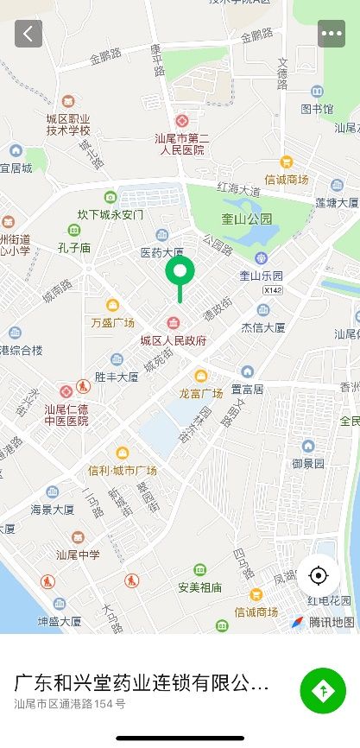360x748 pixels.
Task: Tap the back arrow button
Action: pos(28,34)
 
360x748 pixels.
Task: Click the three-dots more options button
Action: pos(332,34)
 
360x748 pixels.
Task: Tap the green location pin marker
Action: pos(180,274)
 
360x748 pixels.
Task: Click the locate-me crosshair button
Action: pos(319,575)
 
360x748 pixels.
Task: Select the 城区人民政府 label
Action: pos(174,340)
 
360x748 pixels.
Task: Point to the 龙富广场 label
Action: pos(201,392)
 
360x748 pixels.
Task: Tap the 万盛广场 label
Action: pos(113,322)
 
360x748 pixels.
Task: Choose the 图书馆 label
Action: pos(317,109)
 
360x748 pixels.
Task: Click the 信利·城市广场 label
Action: pos(122,470)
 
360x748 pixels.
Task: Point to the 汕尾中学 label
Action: pos(79,554)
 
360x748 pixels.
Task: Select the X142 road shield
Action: pos(273,291)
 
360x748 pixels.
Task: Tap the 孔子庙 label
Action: pos(73,247)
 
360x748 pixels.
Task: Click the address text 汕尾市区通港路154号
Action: pos(70,704)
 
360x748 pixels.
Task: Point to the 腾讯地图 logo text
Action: pos(332,622)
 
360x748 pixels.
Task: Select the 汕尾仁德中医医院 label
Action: pos(66,415)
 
